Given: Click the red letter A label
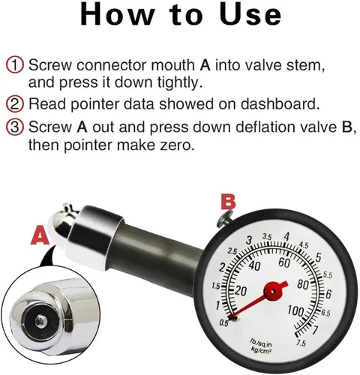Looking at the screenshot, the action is click(x=40, y=235).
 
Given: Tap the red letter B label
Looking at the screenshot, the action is click(x=228, y=202).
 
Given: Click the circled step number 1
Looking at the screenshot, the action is click(x=15, y=65).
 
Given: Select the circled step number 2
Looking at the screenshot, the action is click(x=15, y=104).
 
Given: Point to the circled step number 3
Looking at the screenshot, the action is click(x=15, y=127).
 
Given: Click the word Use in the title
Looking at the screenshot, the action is click(x=250, y=14).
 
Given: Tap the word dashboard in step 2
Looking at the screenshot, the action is click(x=280, y=103).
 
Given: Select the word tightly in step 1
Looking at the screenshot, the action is click(x=180, y=82).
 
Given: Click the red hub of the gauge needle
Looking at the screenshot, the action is click(x=273, y=291).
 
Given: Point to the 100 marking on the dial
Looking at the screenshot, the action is click(x=295, y=310).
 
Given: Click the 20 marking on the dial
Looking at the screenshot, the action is click(x=241, y=291).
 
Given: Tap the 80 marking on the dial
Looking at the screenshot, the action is click(x=303, y=284).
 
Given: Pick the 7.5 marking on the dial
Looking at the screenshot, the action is click(x=301, y=343).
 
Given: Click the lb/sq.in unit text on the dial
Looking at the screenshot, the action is click(x=261, y=342).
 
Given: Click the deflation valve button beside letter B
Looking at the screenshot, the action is click(x=224, y=217).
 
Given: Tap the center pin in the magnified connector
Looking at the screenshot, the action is click(x=40, y=321).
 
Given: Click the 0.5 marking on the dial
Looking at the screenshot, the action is click(x=223, y=323).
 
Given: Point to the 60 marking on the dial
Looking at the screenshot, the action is click(x=284, y=262).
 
